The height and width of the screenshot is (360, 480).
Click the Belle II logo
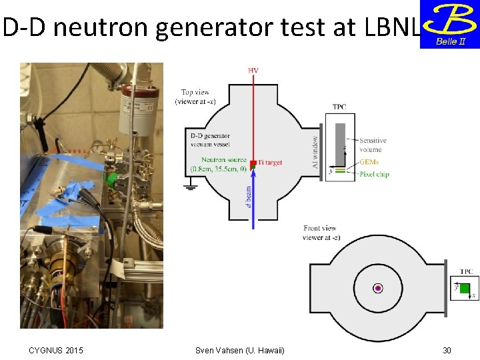point(449,24)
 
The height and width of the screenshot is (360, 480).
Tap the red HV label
point(254,70)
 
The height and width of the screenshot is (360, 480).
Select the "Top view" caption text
point(195,97)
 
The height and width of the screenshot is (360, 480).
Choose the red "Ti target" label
point(270,163)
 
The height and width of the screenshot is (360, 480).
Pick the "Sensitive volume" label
point(373,145)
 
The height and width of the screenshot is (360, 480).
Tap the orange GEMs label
point(368,162)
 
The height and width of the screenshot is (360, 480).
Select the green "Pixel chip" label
point(373,174)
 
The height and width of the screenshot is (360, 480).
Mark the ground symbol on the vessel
point(191,188)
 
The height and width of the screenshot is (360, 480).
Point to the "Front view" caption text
point(321,233)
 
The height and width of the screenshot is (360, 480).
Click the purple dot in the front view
point(378,288)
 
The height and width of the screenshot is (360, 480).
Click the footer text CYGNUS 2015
point(56,351)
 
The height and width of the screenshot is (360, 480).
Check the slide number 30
point(447,351)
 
